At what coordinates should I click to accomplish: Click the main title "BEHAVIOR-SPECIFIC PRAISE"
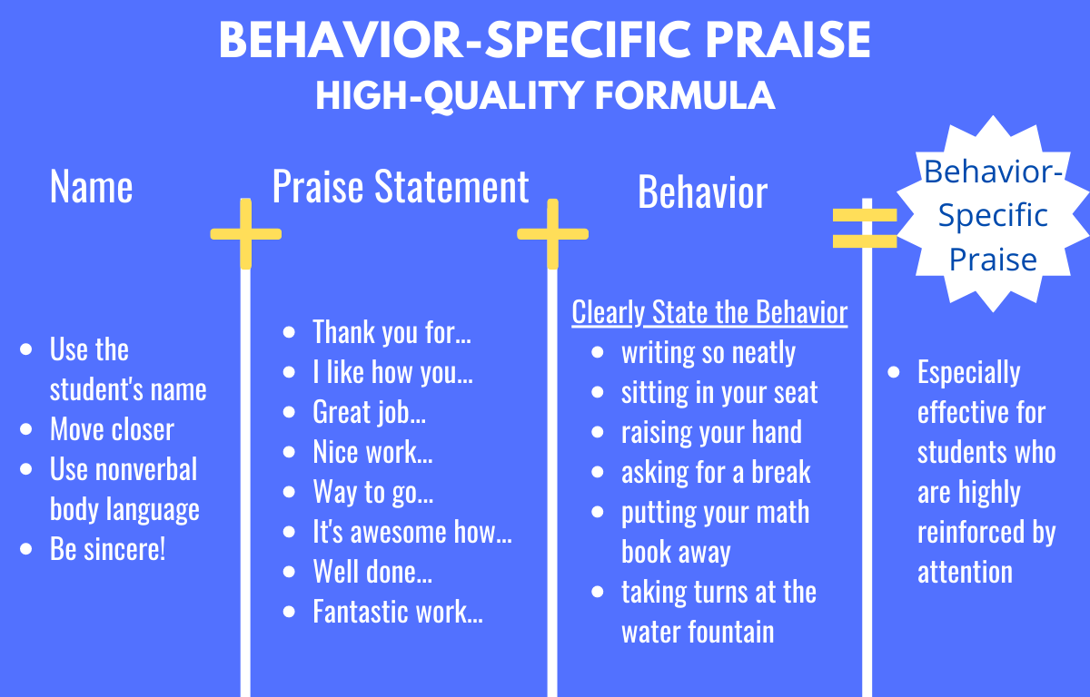tap(545, 41)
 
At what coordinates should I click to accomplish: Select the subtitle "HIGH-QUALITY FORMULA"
tap(545, 95)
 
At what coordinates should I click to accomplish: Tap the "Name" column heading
tap(91, 187)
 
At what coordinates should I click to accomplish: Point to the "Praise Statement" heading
tap(401, 187)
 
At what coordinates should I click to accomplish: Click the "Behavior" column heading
tap(702, 192)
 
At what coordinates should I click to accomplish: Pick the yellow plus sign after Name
tap(245, 234)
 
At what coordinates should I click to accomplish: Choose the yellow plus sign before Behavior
tap(552, 234)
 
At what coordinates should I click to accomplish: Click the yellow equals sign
tap(865, 228)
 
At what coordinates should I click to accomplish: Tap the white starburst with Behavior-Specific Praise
tap(993, 216)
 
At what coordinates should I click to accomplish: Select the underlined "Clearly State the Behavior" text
tap(709, 312)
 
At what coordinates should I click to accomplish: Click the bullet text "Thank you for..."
tap(391, 332)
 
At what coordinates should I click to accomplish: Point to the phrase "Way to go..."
tap(372, 492)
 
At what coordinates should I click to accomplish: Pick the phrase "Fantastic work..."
tap(397, 612)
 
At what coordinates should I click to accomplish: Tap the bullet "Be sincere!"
tap(107, 549)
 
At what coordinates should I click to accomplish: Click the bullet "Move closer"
tap(112, 429)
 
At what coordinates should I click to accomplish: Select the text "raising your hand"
tap(711, 432)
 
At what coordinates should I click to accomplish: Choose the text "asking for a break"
tap(716, 472)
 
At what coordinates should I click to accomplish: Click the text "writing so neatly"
tap(708, 352)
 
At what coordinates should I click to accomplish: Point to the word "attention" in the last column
tap(965, 572)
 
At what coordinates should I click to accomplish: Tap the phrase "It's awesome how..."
tap(412, 532)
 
